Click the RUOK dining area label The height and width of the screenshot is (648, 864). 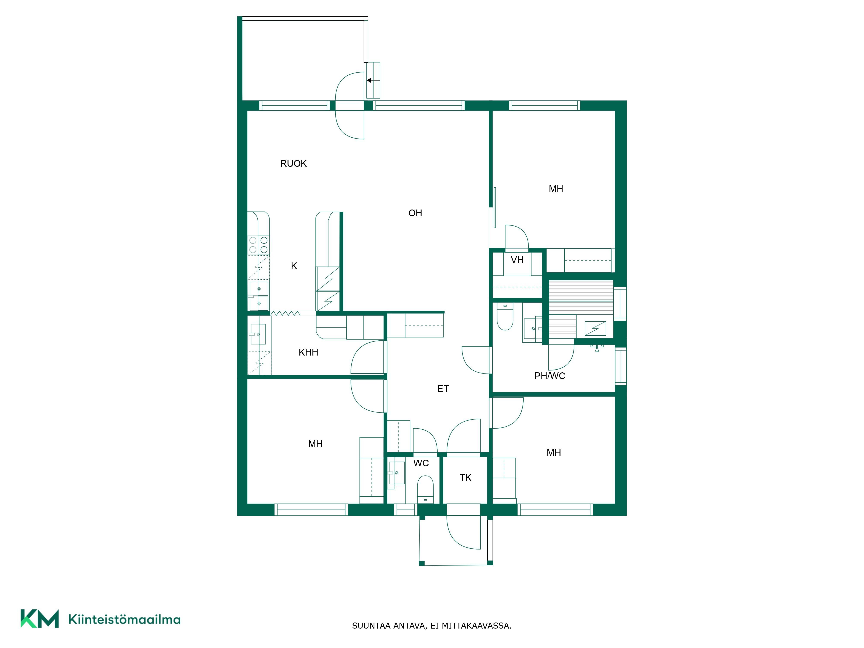tap(293, 164)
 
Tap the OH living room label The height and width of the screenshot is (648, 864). tap(415, 213)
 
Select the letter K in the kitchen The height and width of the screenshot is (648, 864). tap(294, 266)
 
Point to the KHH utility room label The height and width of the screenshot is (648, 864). tap(308, 352)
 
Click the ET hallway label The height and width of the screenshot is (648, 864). tap(443, 389)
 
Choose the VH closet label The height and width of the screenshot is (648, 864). tap(517, 260)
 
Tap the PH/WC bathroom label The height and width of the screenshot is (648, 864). tap(550, 376)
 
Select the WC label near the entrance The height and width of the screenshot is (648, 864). tap(421, 463)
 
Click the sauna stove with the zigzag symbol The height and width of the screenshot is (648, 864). tap(595, 328)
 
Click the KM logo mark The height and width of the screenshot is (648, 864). tap(40, 619)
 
